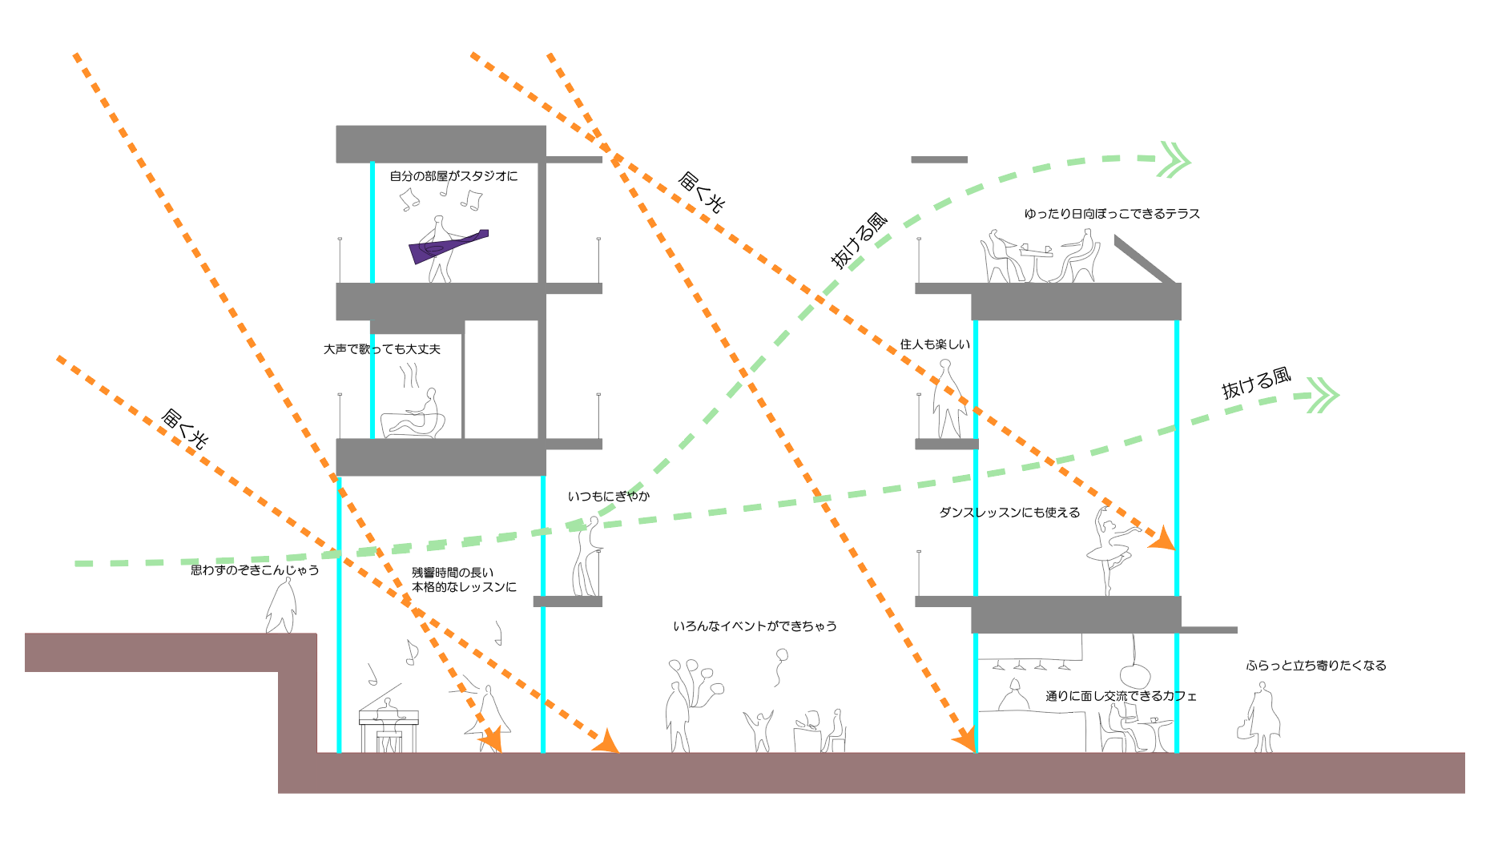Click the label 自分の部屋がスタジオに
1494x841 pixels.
(453, 176)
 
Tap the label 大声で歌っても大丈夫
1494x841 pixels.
(382, 349)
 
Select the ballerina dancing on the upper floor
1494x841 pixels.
(1110, 549)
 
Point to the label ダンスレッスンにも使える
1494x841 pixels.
(1009, 513)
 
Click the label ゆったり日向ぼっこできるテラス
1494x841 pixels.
(1112, 214)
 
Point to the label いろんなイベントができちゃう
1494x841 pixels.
(755, 626)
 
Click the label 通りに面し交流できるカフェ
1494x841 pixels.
(1121, 696)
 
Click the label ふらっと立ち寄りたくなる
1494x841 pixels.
(1315, 666)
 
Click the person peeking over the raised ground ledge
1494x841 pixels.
(281, 607)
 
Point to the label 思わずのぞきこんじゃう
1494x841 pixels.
(255, 570)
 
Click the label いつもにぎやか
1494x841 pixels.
(609, 497)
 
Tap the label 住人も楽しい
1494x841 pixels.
(935, 344)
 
